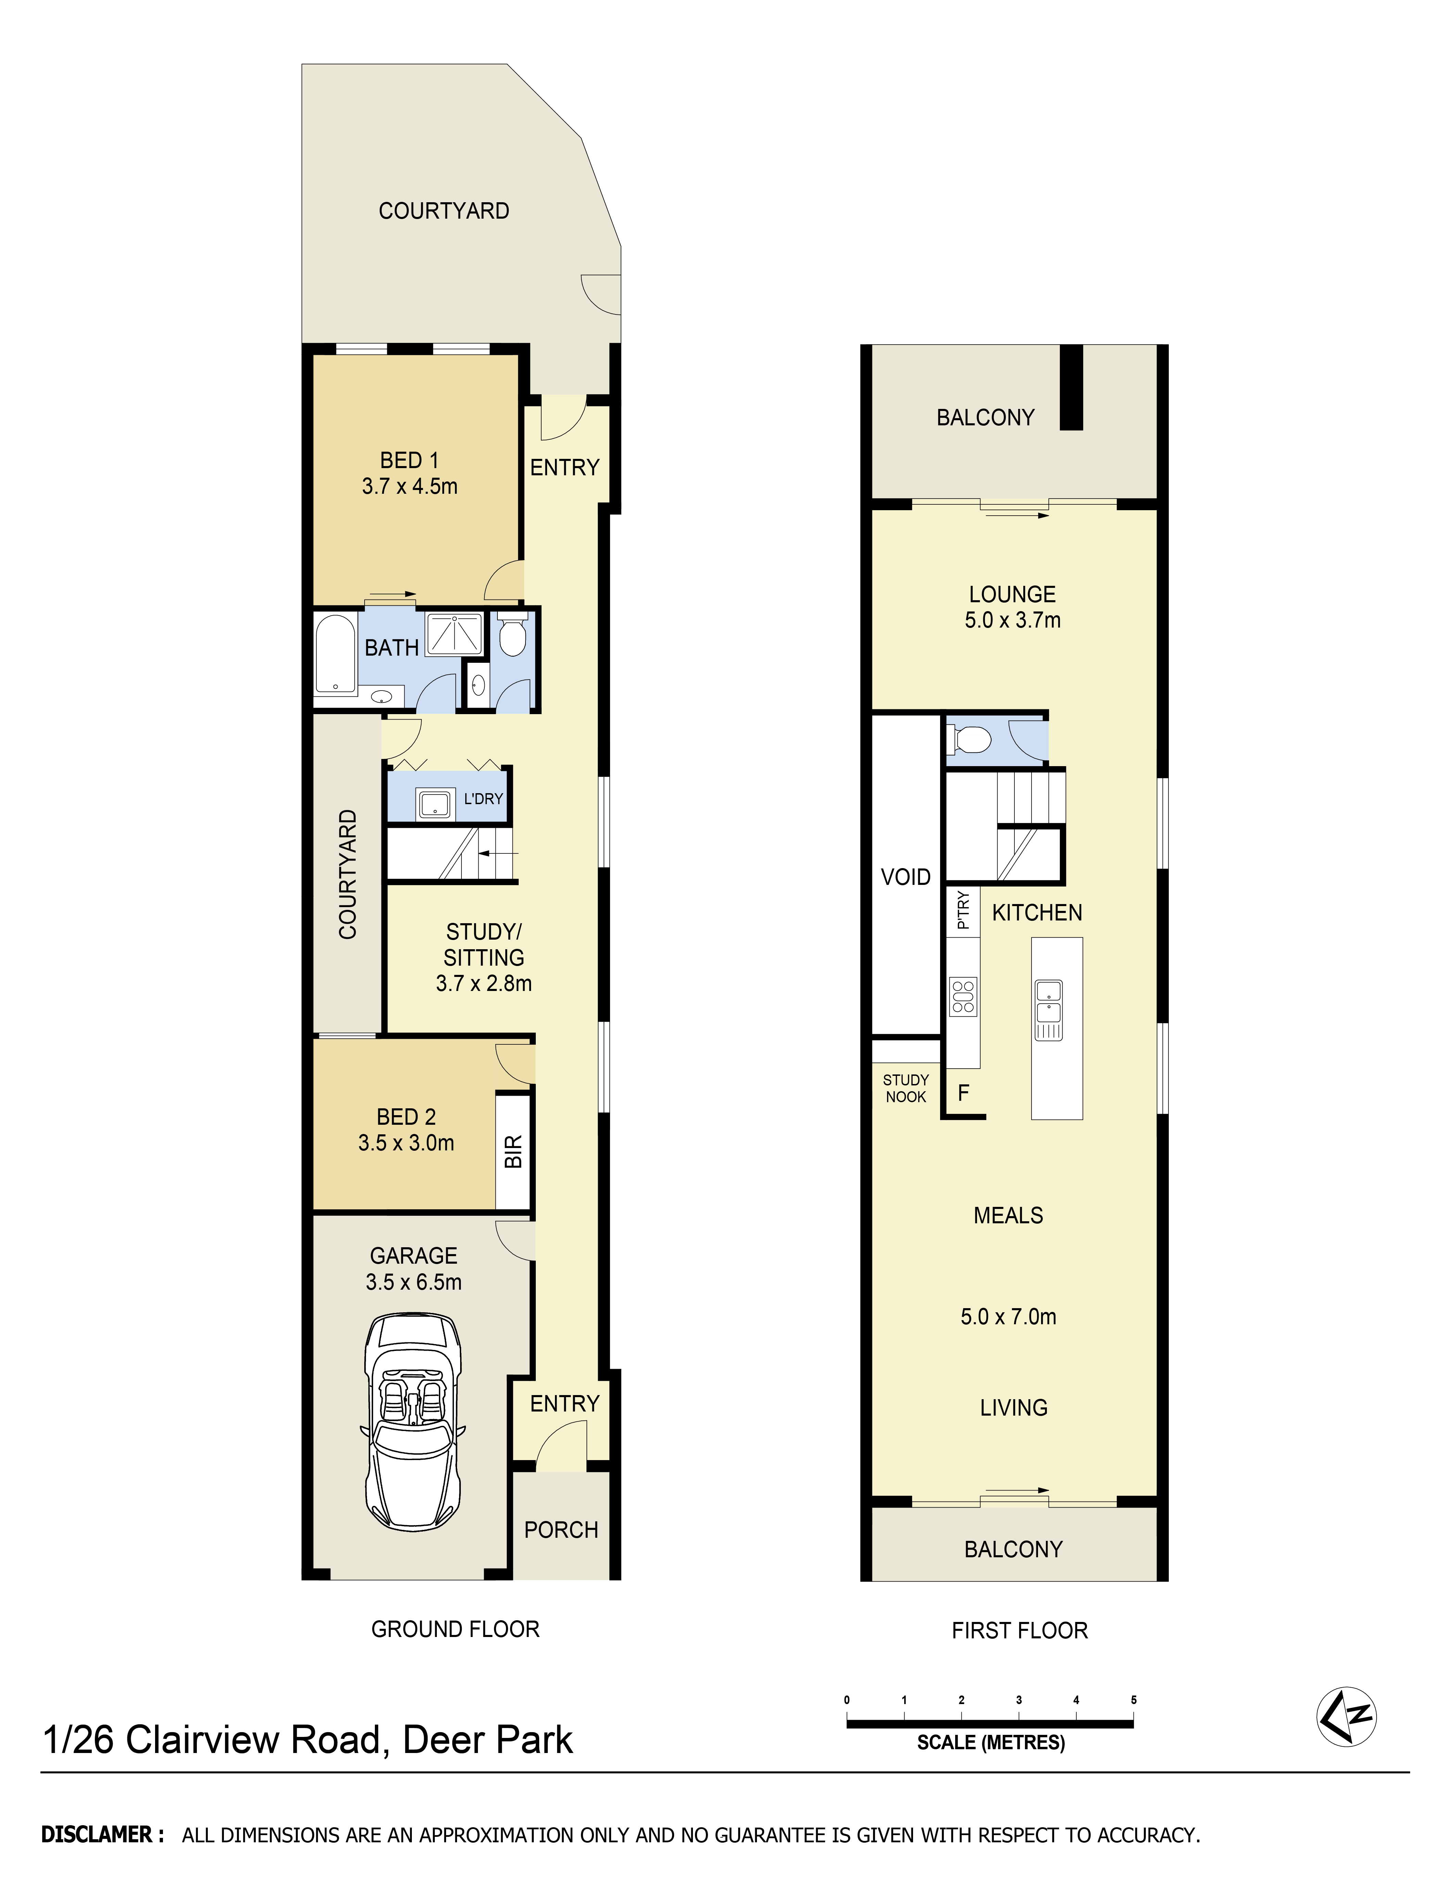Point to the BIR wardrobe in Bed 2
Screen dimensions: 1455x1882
point(513,1151)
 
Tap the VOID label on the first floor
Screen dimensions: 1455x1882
point(905,877)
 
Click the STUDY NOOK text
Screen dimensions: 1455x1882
point(906,1088)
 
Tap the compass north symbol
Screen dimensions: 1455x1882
point(1346,1716)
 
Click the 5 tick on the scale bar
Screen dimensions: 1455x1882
point(1134,1700)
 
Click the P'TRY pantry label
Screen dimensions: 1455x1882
point(963,910)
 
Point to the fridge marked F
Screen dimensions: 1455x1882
point(964,1093)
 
